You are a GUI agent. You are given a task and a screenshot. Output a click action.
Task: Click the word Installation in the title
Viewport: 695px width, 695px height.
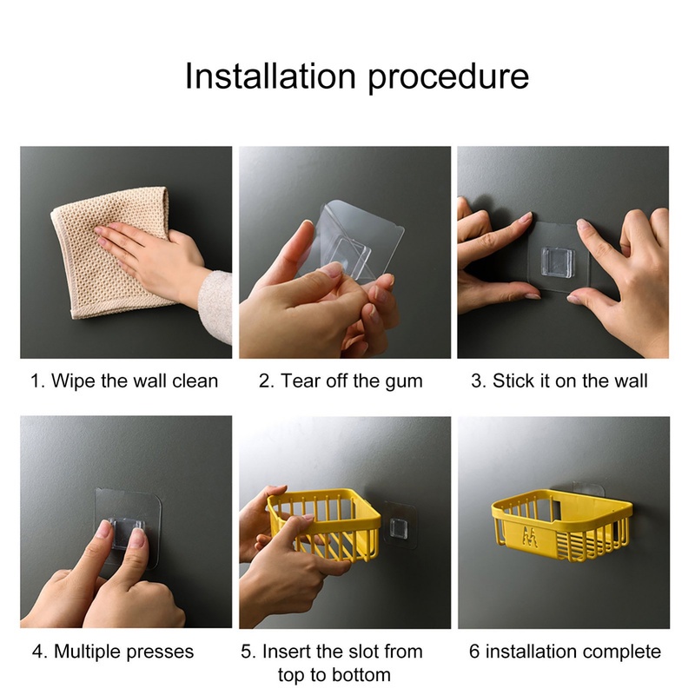[x=270, y=76]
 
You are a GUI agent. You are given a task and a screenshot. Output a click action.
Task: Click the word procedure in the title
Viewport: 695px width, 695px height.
[x=448, y=78]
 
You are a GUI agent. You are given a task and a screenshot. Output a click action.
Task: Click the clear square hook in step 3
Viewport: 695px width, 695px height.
[x=558, y=262]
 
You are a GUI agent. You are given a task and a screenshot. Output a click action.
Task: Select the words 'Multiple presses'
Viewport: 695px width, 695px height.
[x=123, y=652]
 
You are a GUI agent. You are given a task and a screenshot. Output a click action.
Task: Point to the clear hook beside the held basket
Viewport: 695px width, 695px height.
[x=398, y=528]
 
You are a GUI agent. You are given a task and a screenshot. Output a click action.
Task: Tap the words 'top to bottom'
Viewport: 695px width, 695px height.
[x=334, y=675]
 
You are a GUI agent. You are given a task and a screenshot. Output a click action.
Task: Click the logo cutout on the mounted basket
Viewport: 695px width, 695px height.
[x=530, y=535]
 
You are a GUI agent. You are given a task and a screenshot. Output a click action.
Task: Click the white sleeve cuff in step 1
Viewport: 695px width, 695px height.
[x=215, y=306]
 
